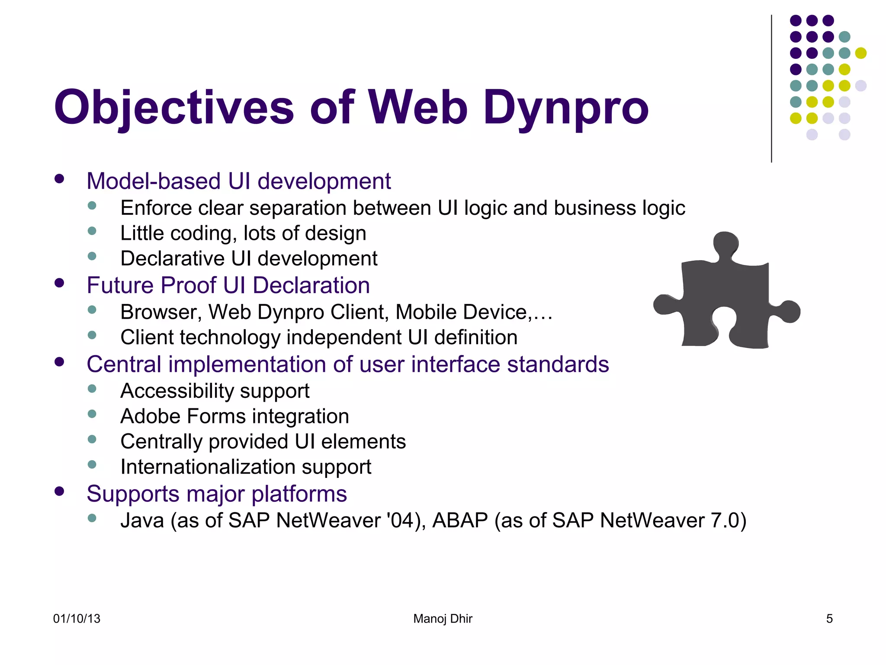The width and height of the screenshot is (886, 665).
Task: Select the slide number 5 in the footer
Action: [829, 619]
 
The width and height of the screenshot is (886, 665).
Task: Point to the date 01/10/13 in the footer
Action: [77, 619]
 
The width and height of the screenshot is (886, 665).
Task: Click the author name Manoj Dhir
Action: [443, 619]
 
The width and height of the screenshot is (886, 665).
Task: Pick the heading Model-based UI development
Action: [238, 181]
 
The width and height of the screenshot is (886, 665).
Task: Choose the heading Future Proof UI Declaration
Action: [228, 285]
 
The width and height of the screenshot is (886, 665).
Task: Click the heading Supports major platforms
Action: [216, 494]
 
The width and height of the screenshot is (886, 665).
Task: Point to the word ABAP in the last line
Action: [460, 520]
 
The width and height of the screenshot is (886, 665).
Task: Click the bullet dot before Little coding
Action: [92, 231]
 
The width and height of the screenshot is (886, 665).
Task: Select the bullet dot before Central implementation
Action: [59, 362]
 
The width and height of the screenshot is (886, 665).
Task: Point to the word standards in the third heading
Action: [558, 364]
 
